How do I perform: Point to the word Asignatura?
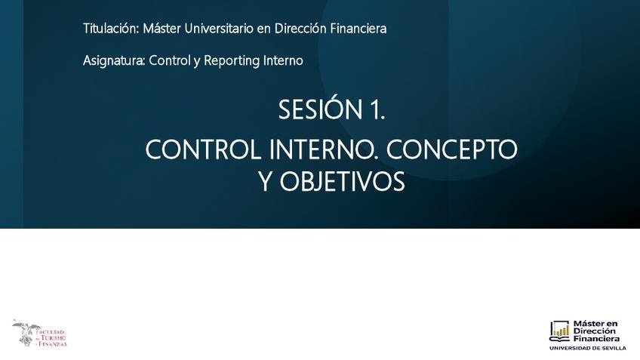(x=114, y=61)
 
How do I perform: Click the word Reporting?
(x=232, y=61)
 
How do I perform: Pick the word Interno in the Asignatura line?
(x=283, y=60)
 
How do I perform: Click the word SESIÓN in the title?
(x=321, y=109)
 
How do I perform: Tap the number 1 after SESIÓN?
(x=377, y=110)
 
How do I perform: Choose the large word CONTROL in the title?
(x=203, y=149)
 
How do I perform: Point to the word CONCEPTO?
(x=452, y=149)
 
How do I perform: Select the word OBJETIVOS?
(x=342, y=182)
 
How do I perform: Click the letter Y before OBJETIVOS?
(x=266, y=182)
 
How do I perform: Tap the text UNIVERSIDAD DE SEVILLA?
(x=587, y=348)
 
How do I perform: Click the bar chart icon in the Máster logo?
(x=559, y=331)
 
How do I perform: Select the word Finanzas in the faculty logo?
(x=53, y=344)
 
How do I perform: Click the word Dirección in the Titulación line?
(x=300, y=29)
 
